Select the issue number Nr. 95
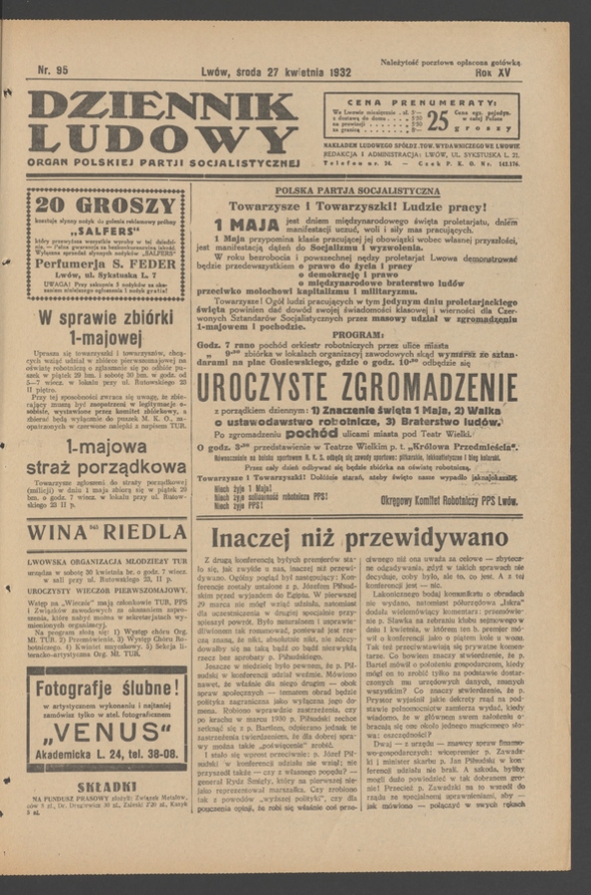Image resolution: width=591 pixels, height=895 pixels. pos(52,70)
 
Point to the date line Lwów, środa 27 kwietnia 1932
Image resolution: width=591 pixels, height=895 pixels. pos(276,72)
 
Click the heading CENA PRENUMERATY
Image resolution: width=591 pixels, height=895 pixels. pos(421,102)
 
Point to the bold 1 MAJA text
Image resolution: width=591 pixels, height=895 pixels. pos(246,225)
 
